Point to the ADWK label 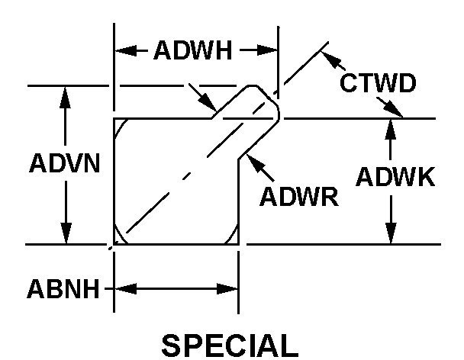[x=395, y=177]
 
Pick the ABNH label [x=63, y=289]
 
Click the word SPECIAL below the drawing [x=229, y=345]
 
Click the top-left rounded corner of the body [x=121, y=125]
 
